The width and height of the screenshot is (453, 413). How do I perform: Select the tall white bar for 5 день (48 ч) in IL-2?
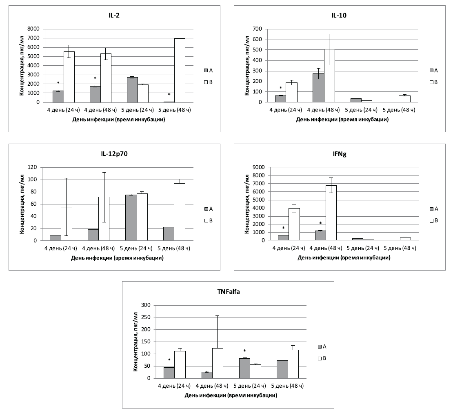pos(179,70)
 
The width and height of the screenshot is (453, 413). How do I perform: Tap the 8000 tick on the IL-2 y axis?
pos(33,29)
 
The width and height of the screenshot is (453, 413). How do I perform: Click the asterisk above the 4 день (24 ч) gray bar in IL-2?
pos(58,83)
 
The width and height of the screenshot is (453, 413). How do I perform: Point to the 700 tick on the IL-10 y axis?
pos(258,29)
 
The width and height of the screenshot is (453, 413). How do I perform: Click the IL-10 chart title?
pos(339,16)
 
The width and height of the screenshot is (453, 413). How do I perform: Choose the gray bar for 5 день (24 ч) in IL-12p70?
pos(131,218)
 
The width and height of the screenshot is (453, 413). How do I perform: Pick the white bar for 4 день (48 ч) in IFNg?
pos(331,213)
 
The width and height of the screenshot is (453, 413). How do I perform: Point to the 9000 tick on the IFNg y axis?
pos(259,167)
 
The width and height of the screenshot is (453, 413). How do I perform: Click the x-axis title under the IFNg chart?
pos(344,258)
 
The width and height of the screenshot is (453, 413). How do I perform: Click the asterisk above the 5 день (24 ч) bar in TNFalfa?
pos(244,351)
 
